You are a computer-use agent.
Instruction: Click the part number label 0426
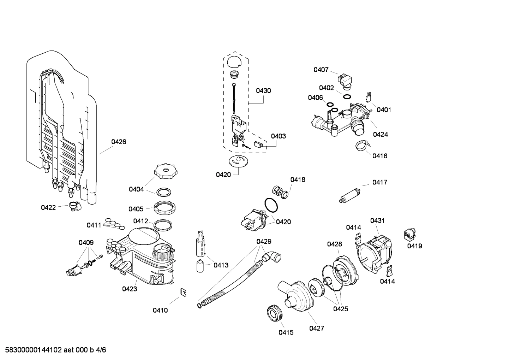pos(119,142)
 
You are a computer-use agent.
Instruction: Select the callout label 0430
pos(263,91)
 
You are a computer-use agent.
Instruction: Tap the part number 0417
pos(379,182)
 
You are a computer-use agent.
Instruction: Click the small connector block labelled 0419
pos(409,234)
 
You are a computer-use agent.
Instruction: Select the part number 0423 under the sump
pos(130,289)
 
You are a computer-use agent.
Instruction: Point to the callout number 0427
pos(316,329)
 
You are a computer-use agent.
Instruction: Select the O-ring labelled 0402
pos(347,96)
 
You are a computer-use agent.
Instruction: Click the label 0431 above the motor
pos(377,221)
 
